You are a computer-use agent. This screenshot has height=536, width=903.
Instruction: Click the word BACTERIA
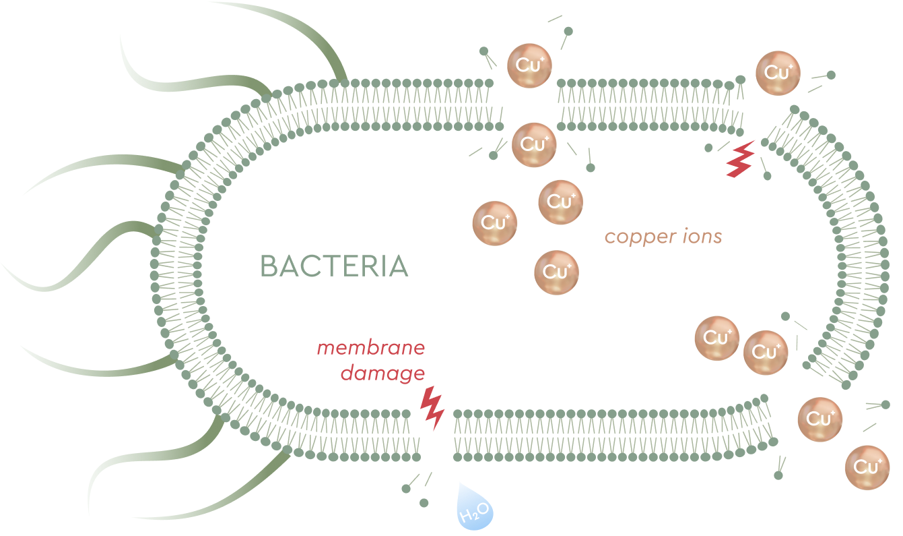tap(334, 266)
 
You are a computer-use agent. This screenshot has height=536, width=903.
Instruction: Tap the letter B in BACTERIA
tap(269, 266)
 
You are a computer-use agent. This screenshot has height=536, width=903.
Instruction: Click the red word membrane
tap(371, 348)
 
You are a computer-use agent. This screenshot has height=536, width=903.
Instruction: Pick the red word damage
tap(382, 373)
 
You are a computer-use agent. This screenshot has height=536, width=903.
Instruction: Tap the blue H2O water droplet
tap(475, 508)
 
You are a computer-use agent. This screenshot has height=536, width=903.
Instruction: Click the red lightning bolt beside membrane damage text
tap(432, 407)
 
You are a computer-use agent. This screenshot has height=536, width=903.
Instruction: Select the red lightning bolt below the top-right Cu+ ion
tap(740, 160)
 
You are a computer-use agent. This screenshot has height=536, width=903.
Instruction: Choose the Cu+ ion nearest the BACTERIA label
tap(495, 223)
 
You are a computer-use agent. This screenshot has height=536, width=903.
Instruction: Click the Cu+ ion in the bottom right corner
tap(867, 467)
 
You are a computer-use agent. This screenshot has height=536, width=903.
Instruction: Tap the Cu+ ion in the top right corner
tap(778, 73)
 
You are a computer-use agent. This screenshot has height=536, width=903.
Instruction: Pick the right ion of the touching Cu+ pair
tap(766, 353)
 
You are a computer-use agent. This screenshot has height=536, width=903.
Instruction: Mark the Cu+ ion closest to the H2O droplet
tap(556, 272)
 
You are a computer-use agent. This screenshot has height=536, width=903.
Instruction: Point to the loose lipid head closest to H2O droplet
tap(424, 502)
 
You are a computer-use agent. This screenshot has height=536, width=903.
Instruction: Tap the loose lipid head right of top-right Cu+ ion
tap(831, 75)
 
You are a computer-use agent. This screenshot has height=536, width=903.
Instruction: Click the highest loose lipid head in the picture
tap(568, 30)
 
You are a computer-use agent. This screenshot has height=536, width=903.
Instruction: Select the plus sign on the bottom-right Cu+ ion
tap(877, 460)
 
